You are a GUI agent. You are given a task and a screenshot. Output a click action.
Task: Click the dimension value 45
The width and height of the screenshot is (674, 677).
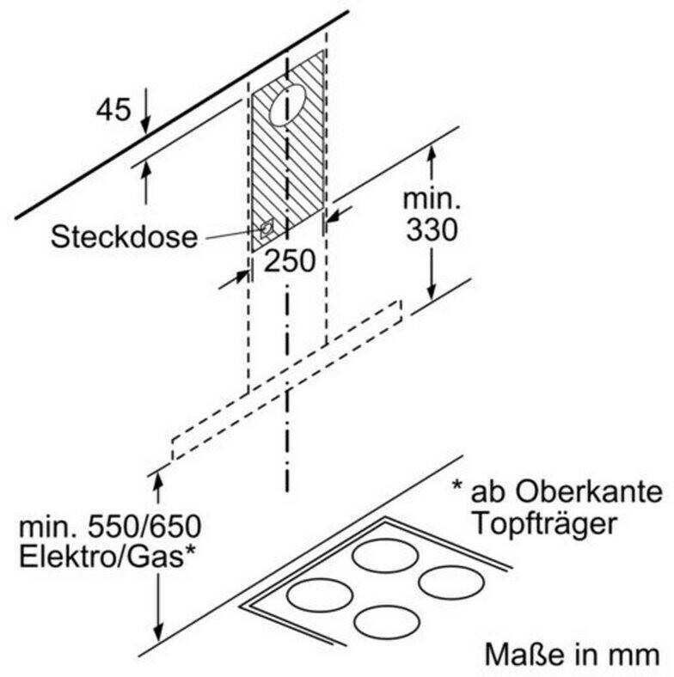click(x=113, y=110)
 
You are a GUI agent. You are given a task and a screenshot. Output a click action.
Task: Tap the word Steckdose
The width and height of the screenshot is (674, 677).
click(x=124, y=236)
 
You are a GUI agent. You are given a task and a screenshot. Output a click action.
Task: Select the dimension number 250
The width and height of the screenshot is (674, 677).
click(x=290, y=261)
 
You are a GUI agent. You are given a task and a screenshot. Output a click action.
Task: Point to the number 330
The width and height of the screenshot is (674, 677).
click(x=432, y=229)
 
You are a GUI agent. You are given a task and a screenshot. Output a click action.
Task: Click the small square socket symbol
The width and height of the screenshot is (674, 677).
click(x=267, y=228)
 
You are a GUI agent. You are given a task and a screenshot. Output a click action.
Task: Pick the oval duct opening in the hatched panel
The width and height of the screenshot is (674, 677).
click(x=287, y=106)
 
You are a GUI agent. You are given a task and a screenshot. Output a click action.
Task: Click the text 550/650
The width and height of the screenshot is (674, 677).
click(x=144, y=527)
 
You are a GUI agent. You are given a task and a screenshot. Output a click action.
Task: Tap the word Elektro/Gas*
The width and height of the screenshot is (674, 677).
click(x=107, y=557)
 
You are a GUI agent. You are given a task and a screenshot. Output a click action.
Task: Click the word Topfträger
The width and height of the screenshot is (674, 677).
click(x=544, y=524)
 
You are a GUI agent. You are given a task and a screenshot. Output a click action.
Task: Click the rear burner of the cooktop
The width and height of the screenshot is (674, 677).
click(x=385, y=556)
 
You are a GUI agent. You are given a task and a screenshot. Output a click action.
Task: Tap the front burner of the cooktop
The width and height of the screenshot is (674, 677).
click(x=387, y=622)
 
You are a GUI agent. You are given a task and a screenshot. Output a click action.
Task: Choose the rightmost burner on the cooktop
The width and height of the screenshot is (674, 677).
click(x=451, y=582)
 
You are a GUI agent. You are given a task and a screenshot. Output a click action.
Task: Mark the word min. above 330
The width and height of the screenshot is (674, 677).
click(x=432, y=199)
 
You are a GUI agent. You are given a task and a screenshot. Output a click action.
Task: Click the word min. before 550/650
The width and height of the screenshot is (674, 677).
click(x=50, y=527)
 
